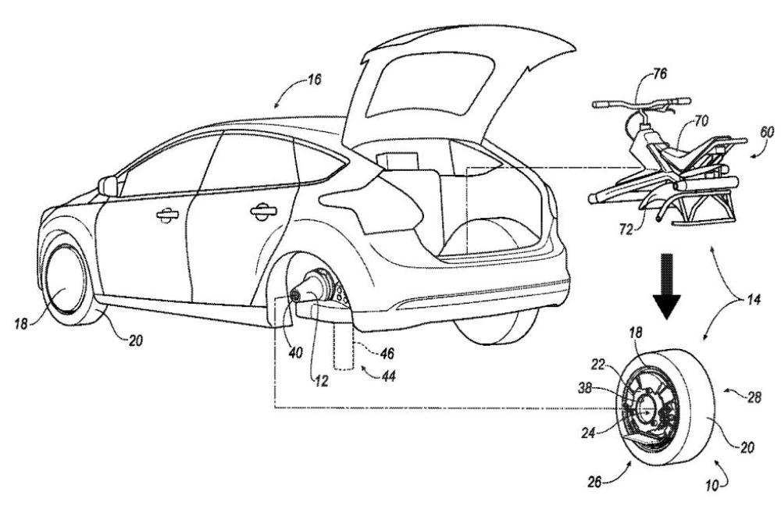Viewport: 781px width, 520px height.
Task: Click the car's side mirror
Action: pyautogui.click(x=108, y=186)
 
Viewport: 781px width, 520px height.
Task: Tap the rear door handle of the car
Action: pyautogui.click(x=260, y=210)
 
